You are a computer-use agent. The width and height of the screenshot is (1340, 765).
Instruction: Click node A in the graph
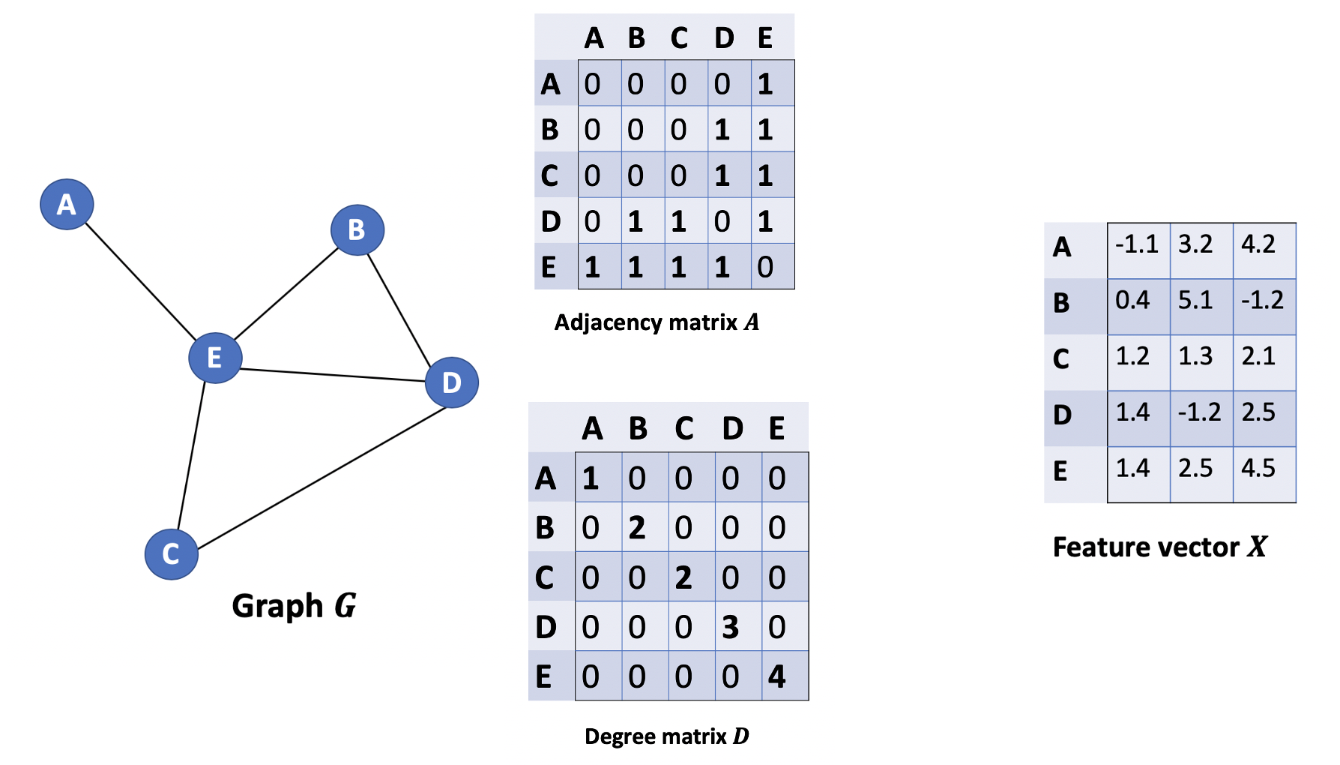click(67, 204)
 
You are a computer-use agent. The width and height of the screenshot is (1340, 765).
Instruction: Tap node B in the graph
click(357, 229)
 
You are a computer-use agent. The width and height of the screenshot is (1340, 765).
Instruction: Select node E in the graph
click(215, 358)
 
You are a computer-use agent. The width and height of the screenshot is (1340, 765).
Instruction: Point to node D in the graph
click(451, 382)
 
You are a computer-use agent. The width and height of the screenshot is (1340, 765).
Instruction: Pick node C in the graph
click(171, 554)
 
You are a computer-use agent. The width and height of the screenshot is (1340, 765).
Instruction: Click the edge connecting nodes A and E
click(140, 280)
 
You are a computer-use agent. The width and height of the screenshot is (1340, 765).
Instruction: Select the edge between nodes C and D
click(322, 478)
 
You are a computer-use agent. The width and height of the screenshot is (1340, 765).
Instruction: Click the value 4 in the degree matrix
click(777, 676)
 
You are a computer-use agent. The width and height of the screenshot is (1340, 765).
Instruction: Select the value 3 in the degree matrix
click(731, 627)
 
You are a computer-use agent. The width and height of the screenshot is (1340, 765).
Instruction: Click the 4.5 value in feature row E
click(1258, 468)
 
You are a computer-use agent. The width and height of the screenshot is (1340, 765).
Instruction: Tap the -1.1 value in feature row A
click(1137, 244)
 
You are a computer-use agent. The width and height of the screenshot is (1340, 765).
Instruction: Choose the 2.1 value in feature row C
click(1258, 355)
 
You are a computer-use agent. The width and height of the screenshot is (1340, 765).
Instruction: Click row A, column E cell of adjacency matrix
click(765, 84)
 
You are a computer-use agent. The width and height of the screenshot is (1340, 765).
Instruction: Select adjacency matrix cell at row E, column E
click(765, 267)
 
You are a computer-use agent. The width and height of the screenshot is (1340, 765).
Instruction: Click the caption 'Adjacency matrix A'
click(657, 322)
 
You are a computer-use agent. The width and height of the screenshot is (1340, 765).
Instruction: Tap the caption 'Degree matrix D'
click(666, 736)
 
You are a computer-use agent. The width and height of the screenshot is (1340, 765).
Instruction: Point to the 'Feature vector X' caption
click(1159, 547)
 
